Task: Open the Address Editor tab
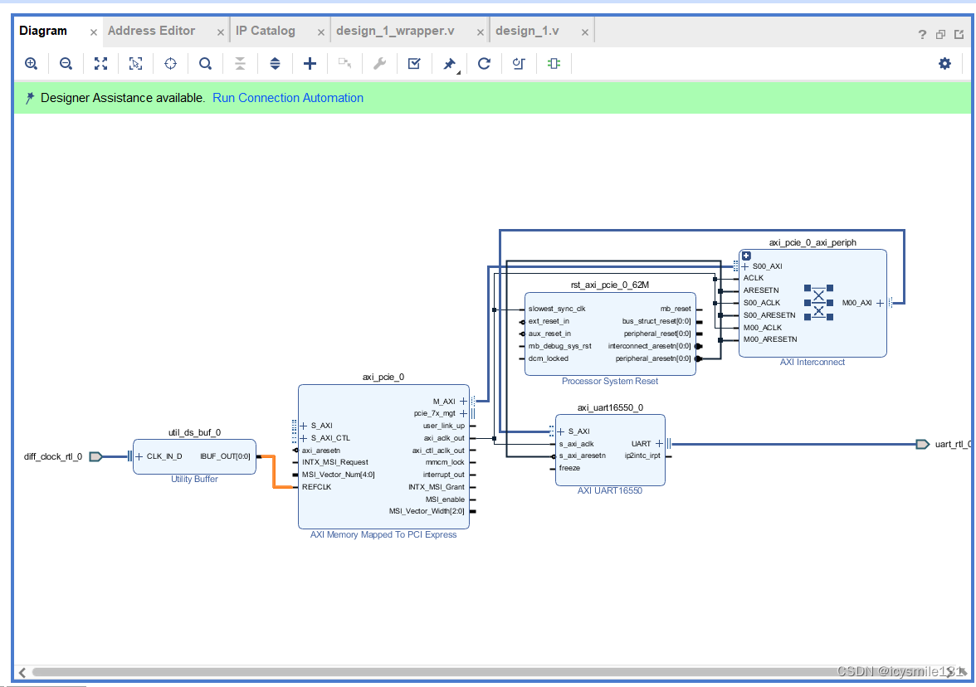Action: [x=151, y=31]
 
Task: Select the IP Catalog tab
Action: [x=265, y=31]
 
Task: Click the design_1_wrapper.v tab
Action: [x=395, y=31]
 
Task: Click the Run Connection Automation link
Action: [x=288, y=98]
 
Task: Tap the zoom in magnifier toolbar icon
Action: [x=32, y=63]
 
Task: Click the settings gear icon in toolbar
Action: [x=944, y=63]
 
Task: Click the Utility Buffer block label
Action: [x=194, y=480]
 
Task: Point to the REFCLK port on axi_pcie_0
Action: [x=316, y=487]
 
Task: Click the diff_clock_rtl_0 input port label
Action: [x=53, y=456]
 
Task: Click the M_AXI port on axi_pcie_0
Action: [x=444, y=401]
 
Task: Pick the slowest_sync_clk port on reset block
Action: [x=557, y=309]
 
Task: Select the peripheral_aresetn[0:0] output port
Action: [x=652, y=358]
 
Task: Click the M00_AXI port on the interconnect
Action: [x=856, y=303]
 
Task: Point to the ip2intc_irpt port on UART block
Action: [x=642, y=456]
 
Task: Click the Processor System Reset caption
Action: [x=610, y=382]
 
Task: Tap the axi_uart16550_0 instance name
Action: [x=610, y=407]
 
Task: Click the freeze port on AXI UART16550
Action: [x=569, y=468]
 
